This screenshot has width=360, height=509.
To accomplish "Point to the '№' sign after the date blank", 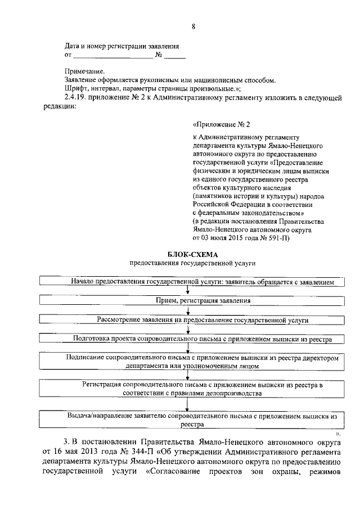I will pyautogui.click(x=159, y=55).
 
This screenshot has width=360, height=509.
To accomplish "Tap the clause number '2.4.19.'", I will pyautogui.click(x=76, y=98).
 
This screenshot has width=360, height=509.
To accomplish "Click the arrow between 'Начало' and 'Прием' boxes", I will pyautogui.click(x=188, y=291).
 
